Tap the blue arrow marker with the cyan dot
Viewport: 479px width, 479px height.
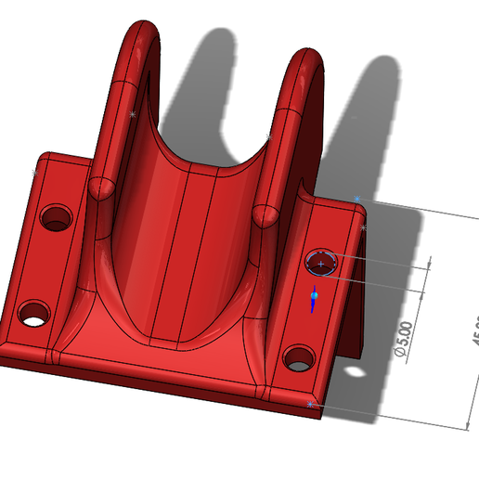(314, 298)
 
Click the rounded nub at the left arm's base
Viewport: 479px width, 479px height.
(101, 187)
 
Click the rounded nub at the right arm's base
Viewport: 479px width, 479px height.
(265, 214)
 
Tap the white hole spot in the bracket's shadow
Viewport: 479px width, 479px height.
(355, 372)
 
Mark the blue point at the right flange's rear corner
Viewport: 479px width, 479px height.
(356, 199)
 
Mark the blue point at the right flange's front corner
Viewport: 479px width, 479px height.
(311, 405)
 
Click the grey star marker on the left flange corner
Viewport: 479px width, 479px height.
(34, 173)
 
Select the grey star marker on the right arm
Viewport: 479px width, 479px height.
(268, 137)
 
